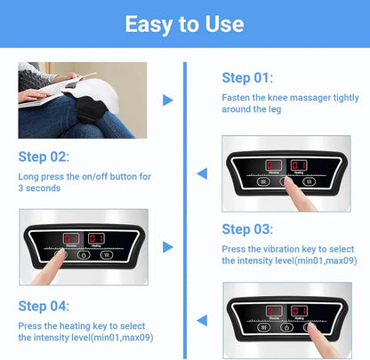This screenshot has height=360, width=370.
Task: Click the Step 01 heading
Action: coord(248,77)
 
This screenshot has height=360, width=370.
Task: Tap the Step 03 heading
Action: coord(248,228)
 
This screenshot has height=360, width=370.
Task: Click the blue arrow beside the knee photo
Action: coord(168,100)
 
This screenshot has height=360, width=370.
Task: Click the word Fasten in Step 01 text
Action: coord(236,98)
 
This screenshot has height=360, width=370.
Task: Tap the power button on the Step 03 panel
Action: coord(84,252)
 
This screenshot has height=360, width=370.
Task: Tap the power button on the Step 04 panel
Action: coord(286,326)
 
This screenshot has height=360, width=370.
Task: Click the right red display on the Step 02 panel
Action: coord(299,165)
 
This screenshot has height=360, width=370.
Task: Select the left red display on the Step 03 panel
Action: coord(70,238)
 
